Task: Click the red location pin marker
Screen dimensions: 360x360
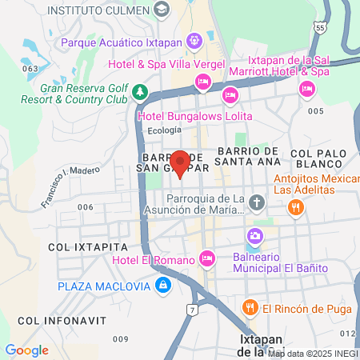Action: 181,162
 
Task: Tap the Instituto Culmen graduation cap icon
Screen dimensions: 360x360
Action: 162,10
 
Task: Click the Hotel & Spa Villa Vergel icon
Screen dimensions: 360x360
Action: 203,82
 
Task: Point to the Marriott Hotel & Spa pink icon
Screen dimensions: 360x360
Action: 306,89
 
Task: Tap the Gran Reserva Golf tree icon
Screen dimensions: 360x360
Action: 141,91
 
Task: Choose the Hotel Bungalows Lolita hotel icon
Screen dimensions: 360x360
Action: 230,96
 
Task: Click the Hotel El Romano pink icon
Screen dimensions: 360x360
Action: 207,258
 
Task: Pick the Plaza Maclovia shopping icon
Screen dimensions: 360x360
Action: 163,285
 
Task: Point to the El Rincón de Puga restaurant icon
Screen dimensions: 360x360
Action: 250,307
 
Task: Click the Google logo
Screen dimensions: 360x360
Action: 26,350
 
